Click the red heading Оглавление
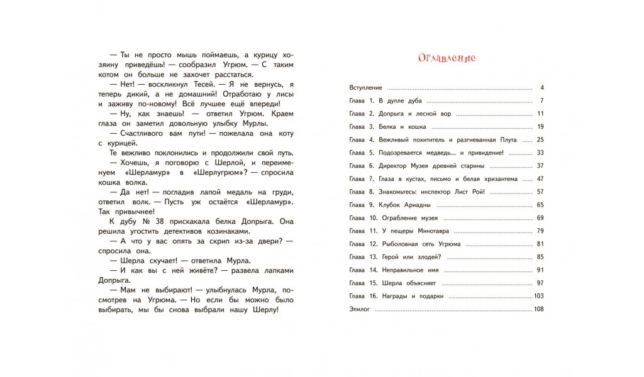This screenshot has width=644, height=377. coord(447,58)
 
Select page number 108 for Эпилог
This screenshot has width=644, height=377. coord(538,309)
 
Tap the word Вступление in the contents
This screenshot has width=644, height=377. coord(365,87)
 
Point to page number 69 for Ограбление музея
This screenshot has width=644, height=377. coord(539,217)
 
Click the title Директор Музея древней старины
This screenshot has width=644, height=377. coord(431,166)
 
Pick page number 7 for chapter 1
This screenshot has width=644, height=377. coord(541,101)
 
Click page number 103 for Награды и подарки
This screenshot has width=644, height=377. coord(538,296)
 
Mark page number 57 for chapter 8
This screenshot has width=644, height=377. coord(539,192)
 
